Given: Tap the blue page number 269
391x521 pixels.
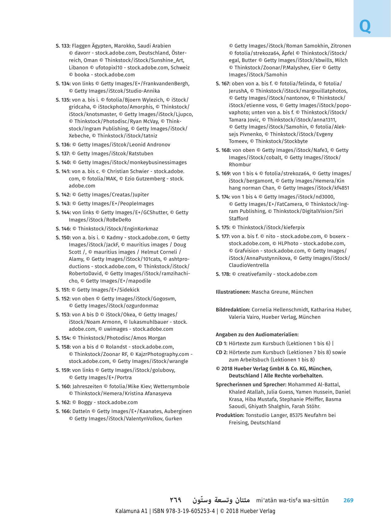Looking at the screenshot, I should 348,500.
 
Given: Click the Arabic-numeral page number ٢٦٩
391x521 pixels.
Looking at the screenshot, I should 176,500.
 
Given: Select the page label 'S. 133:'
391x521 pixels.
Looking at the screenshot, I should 63,46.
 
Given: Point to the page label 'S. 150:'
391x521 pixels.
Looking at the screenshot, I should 63,238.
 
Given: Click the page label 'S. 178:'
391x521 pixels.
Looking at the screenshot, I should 223,274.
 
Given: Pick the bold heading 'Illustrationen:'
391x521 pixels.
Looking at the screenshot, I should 233,292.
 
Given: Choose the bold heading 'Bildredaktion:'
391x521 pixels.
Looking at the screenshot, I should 233,310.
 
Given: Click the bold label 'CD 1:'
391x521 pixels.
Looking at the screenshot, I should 222,344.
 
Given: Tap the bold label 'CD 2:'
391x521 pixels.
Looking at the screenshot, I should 222,353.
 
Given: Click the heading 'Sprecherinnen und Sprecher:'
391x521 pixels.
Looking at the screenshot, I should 251,385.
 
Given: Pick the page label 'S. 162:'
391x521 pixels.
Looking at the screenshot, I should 63,403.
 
